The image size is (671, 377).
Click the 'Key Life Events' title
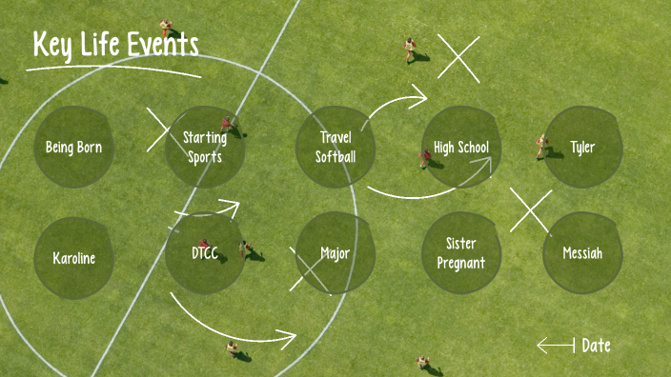pos(115,44)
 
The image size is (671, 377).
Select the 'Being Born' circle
pos(73,148)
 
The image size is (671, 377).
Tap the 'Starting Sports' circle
pos(205,148)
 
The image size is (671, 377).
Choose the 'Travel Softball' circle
pos(335,148)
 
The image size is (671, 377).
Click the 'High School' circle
pos(461,148)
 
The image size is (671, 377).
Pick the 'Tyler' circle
pos(582,148)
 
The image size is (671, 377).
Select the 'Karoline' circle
pos(73,258)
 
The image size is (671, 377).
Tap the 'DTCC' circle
pos(205,253)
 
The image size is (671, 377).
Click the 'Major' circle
pos(335,253)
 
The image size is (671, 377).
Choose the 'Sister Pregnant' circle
pos(461,253)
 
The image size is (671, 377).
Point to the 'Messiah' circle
pos(582,253)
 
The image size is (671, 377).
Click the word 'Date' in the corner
pos(597,346)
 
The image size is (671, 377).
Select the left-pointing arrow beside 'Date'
pos(556,345)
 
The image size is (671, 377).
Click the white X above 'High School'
pos(458,58)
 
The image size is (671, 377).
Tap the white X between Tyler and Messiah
pos(531,209)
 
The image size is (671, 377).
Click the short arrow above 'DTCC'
pos(207,207)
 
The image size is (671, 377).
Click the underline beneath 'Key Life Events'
pos(112,69)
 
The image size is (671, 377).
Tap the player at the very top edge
pos(167,28)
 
